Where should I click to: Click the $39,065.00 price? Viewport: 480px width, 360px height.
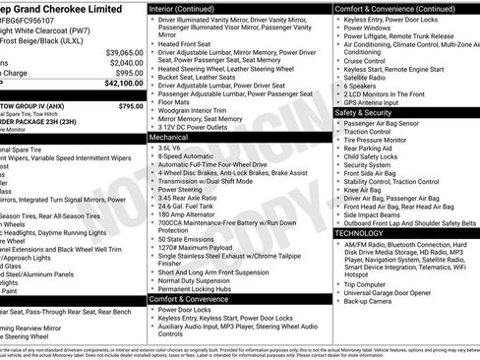point(124,51)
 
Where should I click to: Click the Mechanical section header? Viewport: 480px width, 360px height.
point(169,138)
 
